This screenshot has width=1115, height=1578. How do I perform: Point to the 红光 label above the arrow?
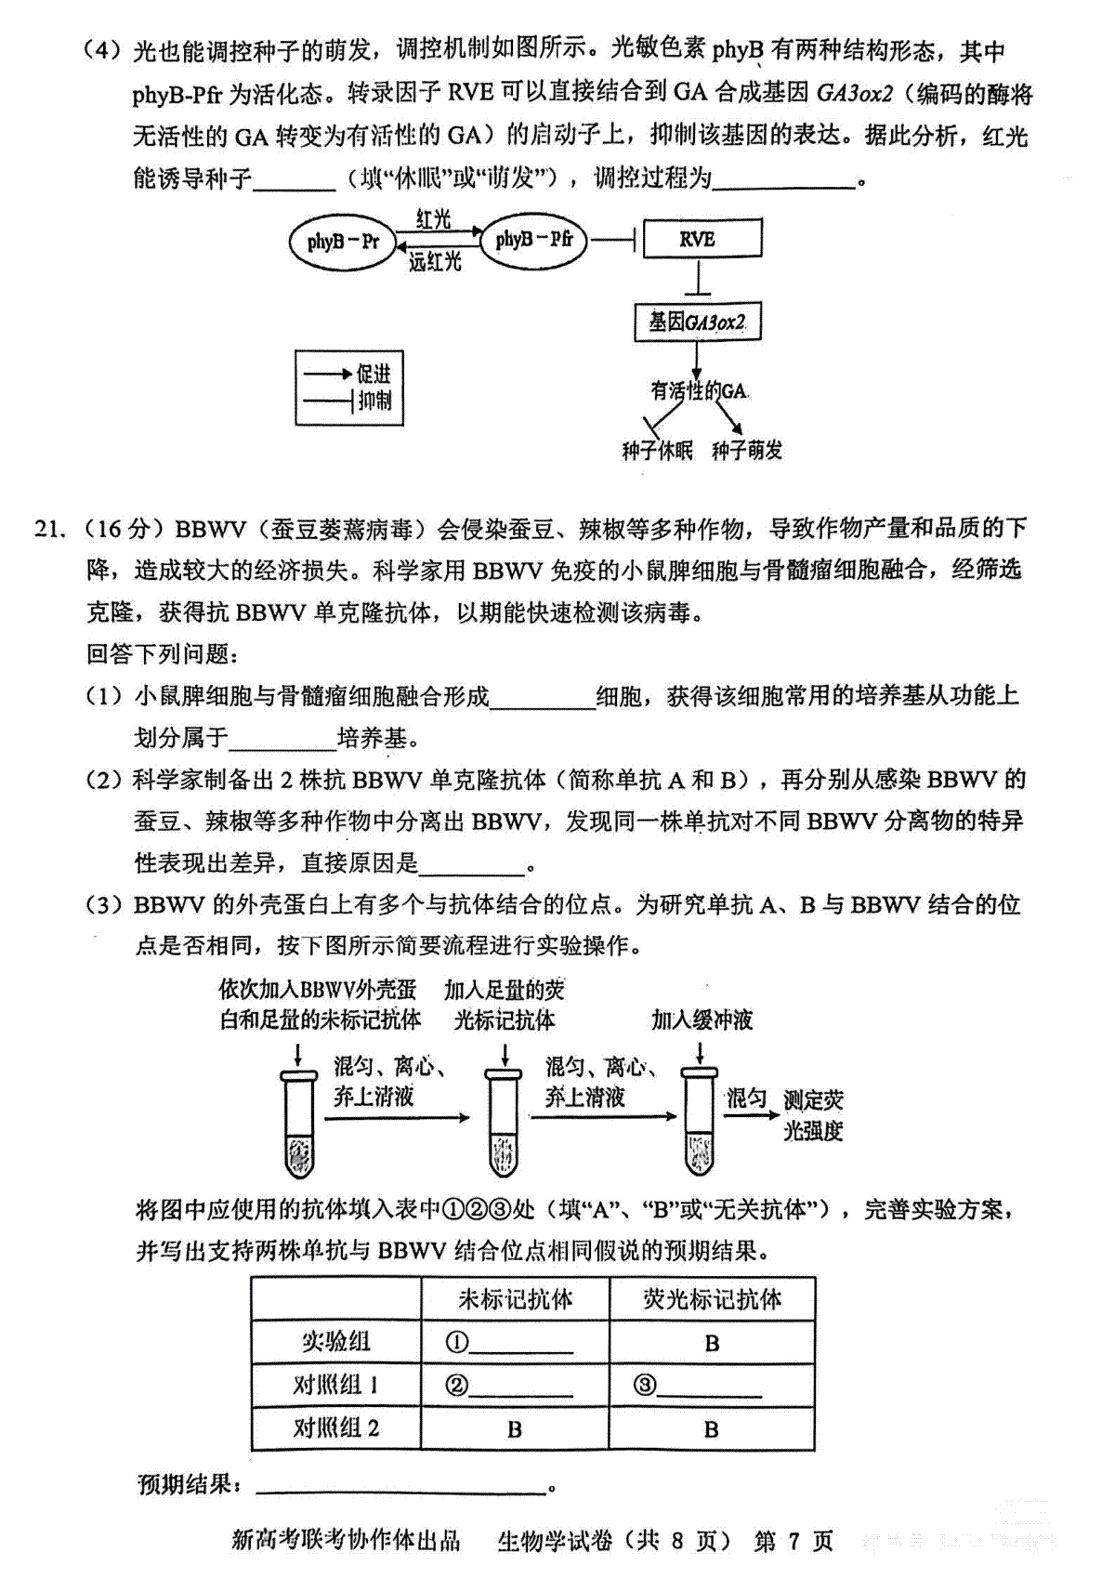[x=432, y=219]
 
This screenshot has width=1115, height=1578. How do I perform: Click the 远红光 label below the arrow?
[x=435, y=262]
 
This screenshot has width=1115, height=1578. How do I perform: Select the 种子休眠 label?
[x=657, y=450]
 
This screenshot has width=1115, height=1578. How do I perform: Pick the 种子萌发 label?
[x=747, y=450]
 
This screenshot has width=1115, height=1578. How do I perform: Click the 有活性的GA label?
[x=698, y=389]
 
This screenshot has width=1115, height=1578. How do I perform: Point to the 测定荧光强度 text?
[x=814, y=1115]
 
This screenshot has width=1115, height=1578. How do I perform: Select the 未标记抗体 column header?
[x=515, y=1299]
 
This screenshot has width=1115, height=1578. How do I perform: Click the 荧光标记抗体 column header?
[x=712, y=1299]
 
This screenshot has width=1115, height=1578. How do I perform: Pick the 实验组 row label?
[x=336, y=1342]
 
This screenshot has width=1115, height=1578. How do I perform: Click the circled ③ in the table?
[x=644, y=1386]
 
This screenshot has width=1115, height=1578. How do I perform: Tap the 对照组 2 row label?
[x=336, y=1428]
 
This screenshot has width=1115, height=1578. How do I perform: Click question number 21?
[x=49, y=528]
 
